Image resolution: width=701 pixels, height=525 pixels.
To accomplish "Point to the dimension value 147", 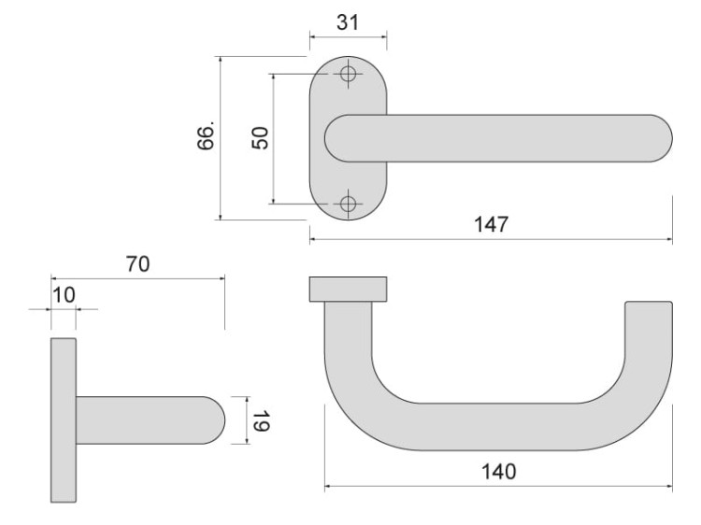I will [491, 225].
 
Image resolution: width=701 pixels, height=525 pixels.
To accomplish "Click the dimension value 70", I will [137, 264].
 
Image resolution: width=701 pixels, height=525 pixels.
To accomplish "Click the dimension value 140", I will [498, 472].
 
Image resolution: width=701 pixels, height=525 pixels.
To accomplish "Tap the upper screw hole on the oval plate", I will [349, 75].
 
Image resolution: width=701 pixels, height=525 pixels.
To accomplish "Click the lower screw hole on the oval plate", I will [349, 203].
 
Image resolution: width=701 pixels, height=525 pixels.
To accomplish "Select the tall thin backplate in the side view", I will [64, 420].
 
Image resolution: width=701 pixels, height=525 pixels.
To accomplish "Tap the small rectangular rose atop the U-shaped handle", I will [348, 290].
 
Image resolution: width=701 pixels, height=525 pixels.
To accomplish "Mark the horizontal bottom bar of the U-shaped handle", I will [495, 428].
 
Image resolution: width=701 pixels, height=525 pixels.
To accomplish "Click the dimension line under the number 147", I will [491, 239].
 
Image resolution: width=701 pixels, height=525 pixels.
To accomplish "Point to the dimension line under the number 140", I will [498, 487].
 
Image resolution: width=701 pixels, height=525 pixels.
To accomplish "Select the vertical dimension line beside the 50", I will [273, 137].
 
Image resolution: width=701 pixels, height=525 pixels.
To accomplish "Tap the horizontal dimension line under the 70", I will [137, 277].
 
